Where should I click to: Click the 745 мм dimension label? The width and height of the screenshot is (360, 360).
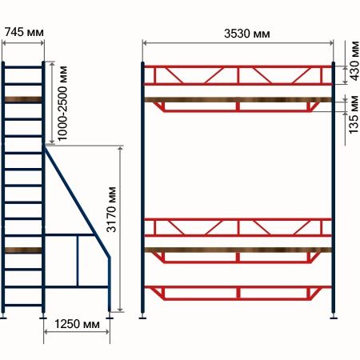(x=24, y=32)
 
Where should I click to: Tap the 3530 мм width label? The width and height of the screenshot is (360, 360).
(x=247, y=34)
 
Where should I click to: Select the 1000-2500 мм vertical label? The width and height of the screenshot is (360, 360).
(x=62, y=103)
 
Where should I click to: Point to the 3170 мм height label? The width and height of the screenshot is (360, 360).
(x=111, y=210)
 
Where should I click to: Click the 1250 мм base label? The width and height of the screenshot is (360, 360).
(x=77, y=324)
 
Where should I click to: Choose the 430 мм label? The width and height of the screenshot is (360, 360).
(x=354, y=61)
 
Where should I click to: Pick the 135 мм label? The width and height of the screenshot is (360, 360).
(x=354, y=114)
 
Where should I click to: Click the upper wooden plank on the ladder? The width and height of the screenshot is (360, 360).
(x=23, y=100)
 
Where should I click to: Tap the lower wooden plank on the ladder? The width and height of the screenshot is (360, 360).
(x=23, y=250)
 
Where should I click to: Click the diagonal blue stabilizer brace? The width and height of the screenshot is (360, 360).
(x=78, y=202)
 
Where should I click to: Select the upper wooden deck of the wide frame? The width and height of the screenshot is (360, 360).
(x=238, y=100)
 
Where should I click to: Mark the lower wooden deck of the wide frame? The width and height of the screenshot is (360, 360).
(x=238, y=250)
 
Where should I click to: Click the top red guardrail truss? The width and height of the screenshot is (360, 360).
(x=238, y=75)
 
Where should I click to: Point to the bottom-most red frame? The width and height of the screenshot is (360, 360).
(x=238, y=293)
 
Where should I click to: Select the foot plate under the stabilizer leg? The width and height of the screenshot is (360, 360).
(x=110, y=318)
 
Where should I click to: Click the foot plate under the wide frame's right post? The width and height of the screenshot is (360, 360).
(x=334, y=318)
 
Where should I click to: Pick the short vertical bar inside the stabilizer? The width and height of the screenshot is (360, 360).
(x=78, y=261)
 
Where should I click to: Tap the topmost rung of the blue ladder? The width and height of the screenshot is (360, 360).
(x=23, y=67)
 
